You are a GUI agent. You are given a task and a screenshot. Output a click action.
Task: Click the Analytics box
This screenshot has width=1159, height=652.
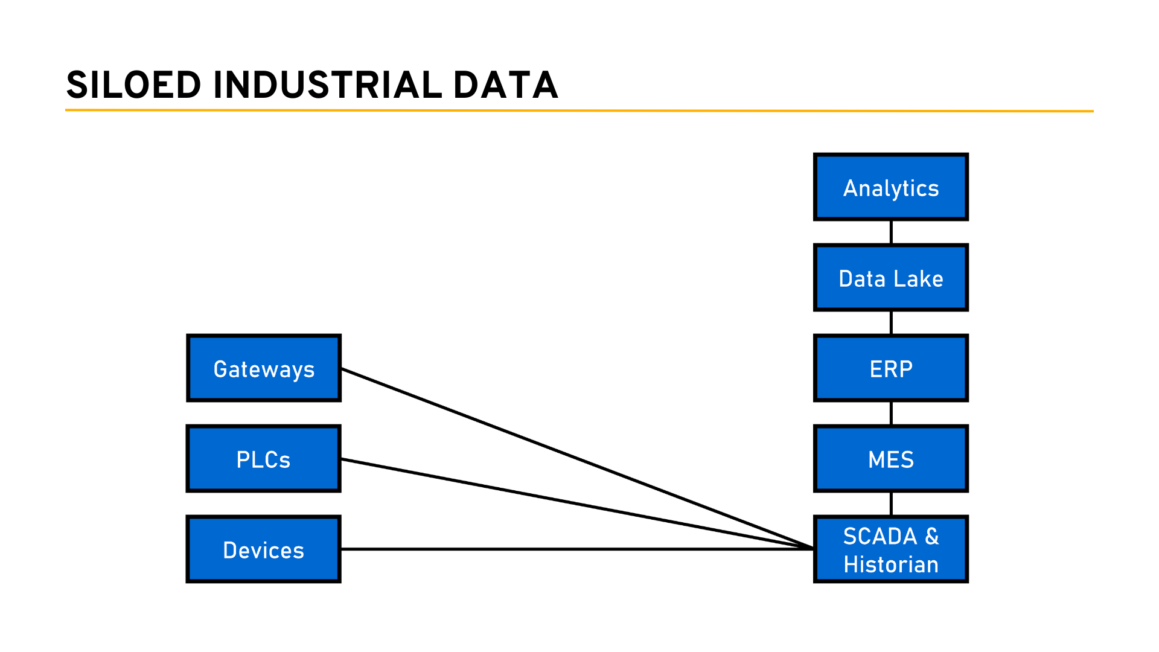click(x=890, y=187)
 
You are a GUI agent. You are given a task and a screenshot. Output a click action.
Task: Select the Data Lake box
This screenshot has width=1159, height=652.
click(x=890, y=278)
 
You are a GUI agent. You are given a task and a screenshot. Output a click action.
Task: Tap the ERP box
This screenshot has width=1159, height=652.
click(x=890, y=368)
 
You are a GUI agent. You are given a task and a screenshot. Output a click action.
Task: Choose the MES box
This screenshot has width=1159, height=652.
click(x=890, y=459)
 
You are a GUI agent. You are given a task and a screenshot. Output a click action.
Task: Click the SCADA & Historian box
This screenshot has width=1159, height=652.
click(x=890, y=549)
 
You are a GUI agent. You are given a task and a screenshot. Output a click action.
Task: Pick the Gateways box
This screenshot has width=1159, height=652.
click(x=264, y=368)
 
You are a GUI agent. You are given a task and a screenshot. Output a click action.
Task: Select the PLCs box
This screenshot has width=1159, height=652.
click(x=264, y=459)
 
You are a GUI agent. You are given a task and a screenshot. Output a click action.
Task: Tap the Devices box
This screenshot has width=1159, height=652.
click(x=264, y=549)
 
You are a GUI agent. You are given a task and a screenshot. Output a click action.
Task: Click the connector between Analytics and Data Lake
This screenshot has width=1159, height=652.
click(x=891, y=232)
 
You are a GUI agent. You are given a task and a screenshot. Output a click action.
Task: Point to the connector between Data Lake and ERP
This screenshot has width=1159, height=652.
click(x=891, y=323)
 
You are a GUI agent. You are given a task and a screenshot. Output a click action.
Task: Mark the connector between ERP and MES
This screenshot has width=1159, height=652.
click(x=891, y=414)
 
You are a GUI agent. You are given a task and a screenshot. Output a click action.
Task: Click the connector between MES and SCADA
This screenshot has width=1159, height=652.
click(x=891, y=504)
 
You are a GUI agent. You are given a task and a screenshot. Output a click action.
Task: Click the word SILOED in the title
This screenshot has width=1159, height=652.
click(x=133, y=85)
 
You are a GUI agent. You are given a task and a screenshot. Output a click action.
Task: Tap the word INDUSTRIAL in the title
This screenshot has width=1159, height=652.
click(x=328, y=85)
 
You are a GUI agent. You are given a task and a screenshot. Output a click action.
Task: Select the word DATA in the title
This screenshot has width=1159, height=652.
click(x=505, y=85)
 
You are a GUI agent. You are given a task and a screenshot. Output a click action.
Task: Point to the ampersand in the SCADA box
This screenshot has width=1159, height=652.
click(x=932, y=536)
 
